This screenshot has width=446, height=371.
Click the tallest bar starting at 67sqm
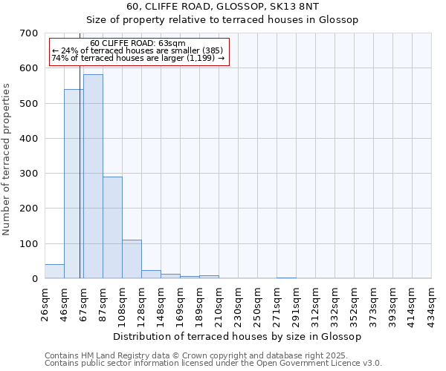click(x=93, y=177)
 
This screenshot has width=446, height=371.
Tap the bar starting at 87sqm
click(x=112, y=228)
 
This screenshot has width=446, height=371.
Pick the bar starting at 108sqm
click(x=132, y=259)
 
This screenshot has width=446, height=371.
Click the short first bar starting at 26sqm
click(x=54, y=272)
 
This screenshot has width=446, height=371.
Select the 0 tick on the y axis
click(x=34, y=279)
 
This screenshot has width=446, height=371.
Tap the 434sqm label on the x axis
click(x=432, y=304)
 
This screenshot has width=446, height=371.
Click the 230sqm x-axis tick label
click(x=239, y=304)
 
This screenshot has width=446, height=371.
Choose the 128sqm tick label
click(x=141, y=304)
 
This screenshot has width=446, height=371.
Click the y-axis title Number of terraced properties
click(x=7, y=159)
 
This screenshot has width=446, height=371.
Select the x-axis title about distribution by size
click(x=238, y=337)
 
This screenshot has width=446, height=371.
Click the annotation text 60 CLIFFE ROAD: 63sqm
click(x=138, y=44)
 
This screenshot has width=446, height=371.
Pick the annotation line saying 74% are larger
click(x=138, y=59)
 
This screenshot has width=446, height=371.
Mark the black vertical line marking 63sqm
click(x=80, y=185)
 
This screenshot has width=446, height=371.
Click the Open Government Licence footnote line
click(x=213, y=363)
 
